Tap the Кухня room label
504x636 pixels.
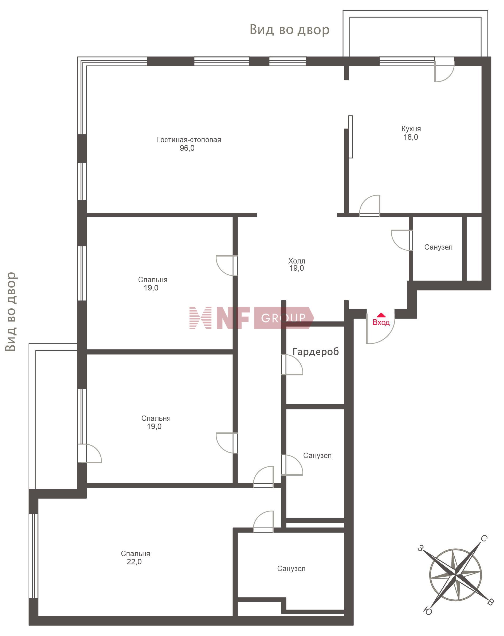coord(411,129)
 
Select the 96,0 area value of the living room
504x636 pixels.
coord(187,148)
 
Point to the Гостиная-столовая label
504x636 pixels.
coord(189,139)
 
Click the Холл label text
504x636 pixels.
coord(297,261)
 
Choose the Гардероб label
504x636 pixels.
coord(315,352)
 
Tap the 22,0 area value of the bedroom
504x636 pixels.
coord(134,562)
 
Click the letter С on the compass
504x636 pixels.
coord(484,538)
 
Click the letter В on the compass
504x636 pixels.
coord(490,602)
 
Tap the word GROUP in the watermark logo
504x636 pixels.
coord(283,318)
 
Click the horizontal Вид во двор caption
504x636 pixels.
coord(289,30)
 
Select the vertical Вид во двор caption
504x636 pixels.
coord(11,312)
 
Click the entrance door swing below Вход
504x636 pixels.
coord(380,329)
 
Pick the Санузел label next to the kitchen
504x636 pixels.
coord(438,247)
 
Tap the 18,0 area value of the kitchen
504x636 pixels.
coord(411,137)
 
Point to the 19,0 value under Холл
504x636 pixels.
coord(297,268)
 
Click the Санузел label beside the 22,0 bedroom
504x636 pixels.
coord(291,568)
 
